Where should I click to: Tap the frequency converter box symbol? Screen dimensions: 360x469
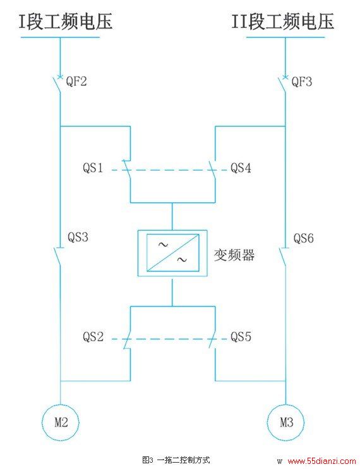click(172, 253)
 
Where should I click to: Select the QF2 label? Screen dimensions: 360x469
click(76, 82)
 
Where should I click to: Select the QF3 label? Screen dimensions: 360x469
click(302, 82)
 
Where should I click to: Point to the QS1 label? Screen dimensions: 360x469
click(93, 167)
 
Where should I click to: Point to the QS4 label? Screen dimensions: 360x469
click(241, 167)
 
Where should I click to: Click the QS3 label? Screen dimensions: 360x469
click(78, 237)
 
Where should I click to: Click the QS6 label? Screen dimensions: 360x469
click(304, 238)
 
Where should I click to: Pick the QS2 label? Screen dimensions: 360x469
click(93, 337)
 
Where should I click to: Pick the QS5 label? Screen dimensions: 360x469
click(241, 337)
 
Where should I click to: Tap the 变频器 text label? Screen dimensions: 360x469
click(234, 255)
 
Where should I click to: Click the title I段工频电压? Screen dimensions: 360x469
click(66, 21)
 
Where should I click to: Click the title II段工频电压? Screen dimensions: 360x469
click(282, 21)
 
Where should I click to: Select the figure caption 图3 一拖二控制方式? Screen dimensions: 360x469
click(176, 460)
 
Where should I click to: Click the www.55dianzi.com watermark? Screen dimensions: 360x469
click(321, 461)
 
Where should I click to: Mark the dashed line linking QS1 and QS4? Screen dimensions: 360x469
click(169, 170)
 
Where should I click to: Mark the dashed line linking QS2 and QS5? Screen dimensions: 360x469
click(169, 339)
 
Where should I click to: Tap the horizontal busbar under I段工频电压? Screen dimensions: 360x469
click(60, 37)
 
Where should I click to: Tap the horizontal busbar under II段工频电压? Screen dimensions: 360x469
click(285, 37)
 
